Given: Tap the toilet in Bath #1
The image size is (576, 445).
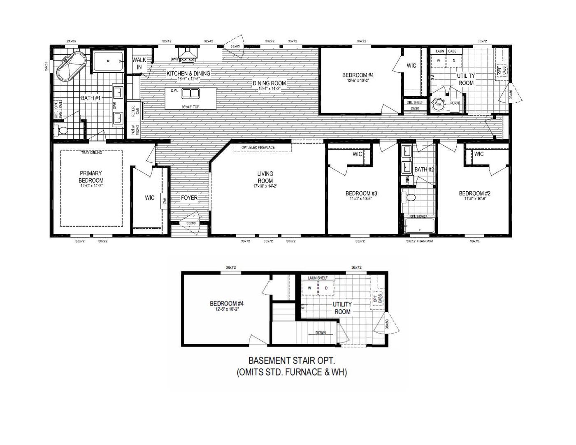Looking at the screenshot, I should [x=63, y=131].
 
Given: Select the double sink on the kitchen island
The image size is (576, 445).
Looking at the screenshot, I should [x=190, y=93].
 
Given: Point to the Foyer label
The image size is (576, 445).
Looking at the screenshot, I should [x=189, y=198].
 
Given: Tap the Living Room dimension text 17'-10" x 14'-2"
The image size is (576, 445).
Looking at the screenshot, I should [x=265, y=186].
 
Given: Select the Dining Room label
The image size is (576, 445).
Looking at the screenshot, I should [x=269, y=83].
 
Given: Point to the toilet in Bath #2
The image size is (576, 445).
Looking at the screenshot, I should [x=409, y=197].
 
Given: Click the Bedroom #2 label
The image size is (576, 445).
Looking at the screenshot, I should [x=475, y=193].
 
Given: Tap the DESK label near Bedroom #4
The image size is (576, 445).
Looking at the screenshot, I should [x=414, y=109].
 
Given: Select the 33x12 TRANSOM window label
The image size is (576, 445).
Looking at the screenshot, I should [x=419, y=241].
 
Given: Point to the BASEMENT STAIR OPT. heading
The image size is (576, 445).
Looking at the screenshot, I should [x=292, y=361].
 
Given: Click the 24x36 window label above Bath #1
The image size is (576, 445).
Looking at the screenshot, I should [x=71, y=41].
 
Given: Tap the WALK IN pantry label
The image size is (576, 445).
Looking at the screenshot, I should [x=139, y=63].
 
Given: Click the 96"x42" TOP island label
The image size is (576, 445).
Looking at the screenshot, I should [x=190, y=107].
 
